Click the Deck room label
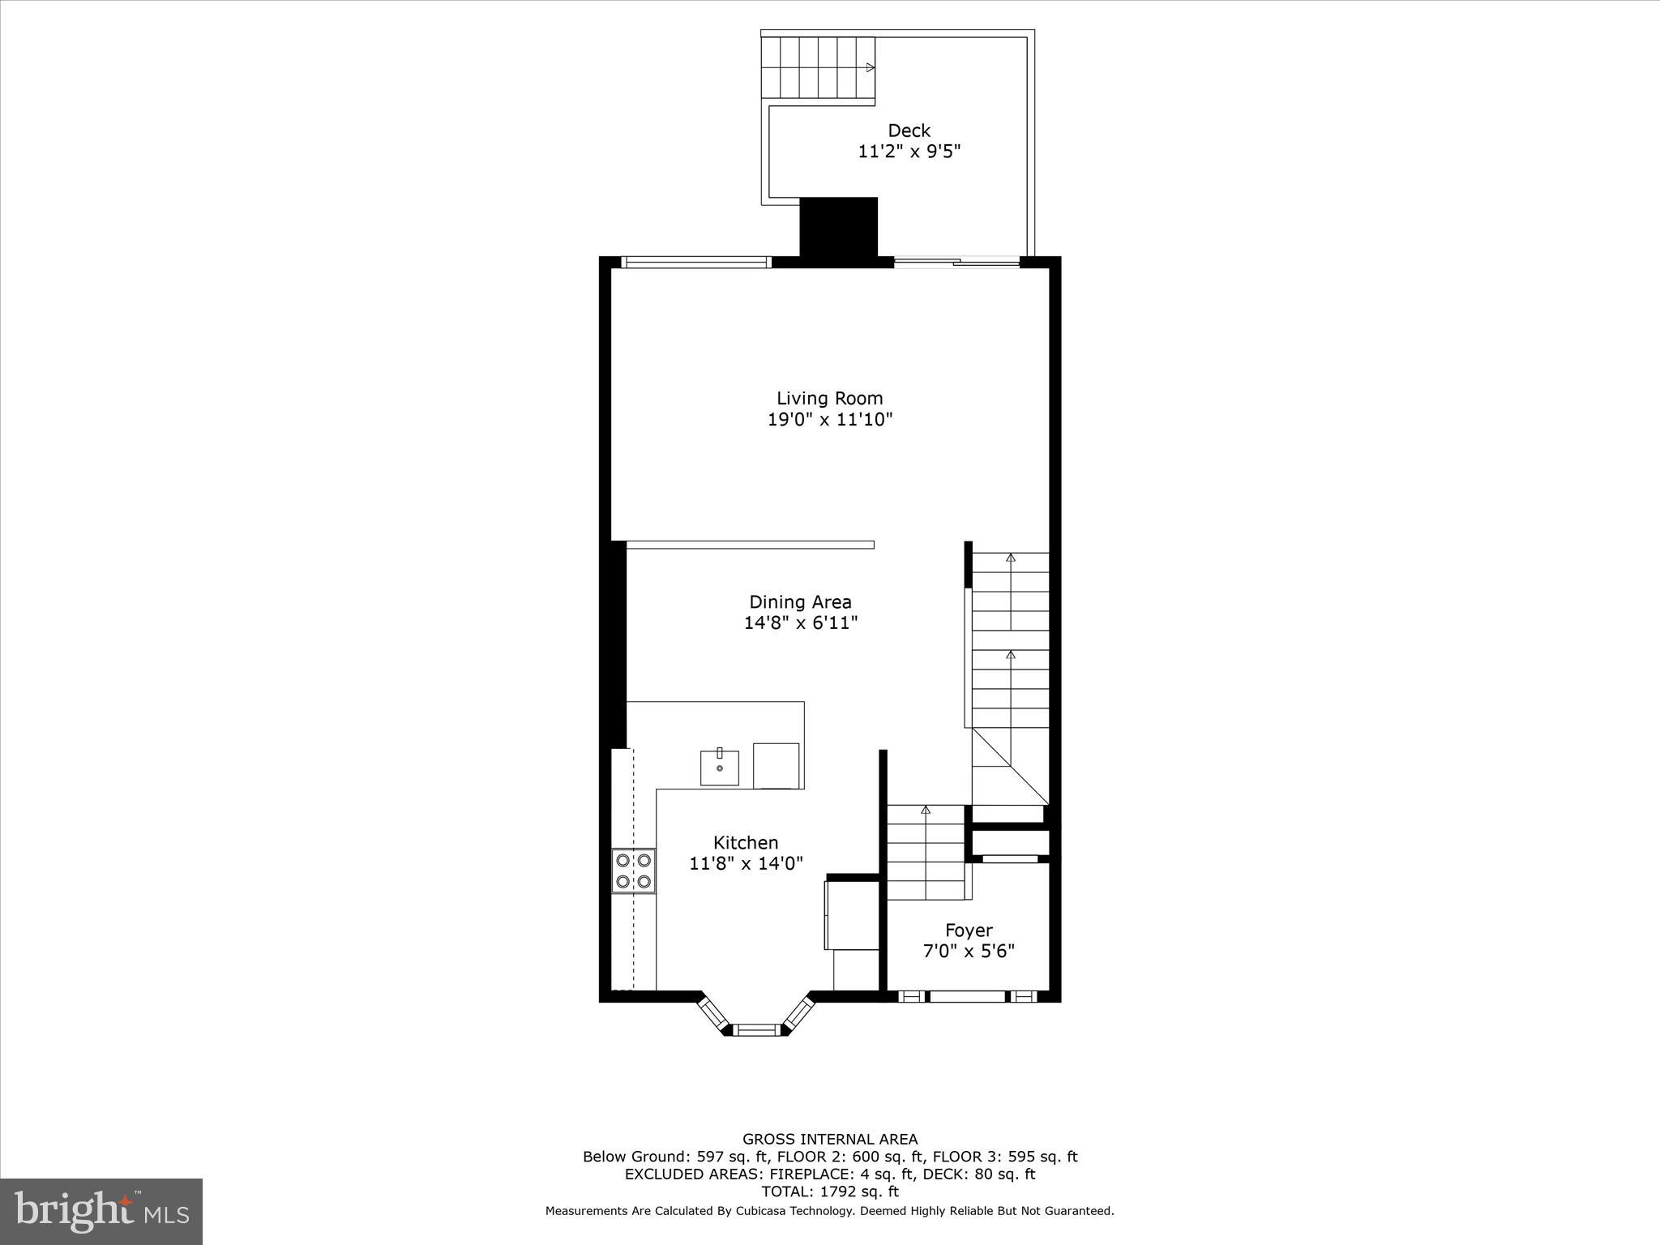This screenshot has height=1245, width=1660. pyautogui.click(x=909, y=130)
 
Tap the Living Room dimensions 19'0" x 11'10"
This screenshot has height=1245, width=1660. pyautogui.click(x=830, y=419)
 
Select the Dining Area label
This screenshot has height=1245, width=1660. pyautogui.click(x=800, y=601)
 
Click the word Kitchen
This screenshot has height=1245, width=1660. pyautogui.click(x=746, y=842)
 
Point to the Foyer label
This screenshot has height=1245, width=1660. pyautogui.click(x=969, y=930)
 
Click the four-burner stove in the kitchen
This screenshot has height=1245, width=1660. pyautogui.click(x=634, y=871)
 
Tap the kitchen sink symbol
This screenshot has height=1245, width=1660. pyautogui.click(x=720, y=767)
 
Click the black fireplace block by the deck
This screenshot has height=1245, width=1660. pyautogui.click(x=839, y=227)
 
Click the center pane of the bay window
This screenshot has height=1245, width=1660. pyautogui.click(x=757, y=1030)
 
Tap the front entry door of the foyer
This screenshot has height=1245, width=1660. pyautogui.click(x=967, y=996)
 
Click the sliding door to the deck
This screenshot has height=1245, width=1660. pyautogui.click(x=956, y=262)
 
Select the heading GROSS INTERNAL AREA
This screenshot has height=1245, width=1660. pyautogui.click(x=830, y=1139)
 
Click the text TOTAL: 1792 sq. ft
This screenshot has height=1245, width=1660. pyautogui.click(x=830, y=1192)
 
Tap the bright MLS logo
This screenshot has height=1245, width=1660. pyautogui.click(x=101, y=1212)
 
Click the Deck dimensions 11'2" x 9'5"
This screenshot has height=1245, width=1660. pyautogui.click(x=909, y=152)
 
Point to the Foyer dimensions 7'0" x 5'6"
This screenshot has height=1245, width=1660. pyautogui.click(x=969, y=951)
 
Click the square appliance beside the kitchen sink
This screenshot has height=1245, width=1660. pyautogui.click(x=777, y=765)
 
